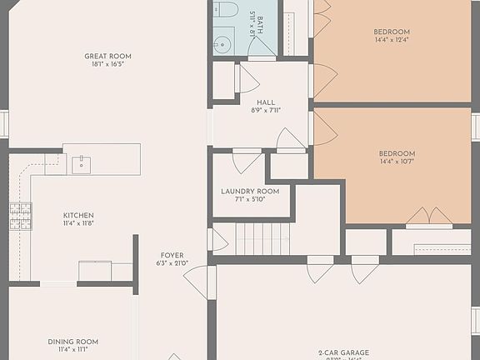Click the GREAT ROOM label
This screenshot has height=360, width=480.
tap(107, 57)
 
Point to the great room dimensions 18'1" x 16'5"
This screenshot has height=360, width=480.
tap(107, 65)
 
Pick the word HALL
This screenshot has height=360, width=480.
tap(266, 102)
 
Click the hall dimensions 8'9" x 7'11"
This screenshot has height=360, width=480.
tap(266, 110)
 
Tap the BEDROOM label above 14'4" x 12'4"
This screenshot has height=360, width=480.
tap(392, 32)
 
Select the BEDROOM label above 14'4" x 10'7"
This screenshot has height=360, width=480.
tap(397, 153)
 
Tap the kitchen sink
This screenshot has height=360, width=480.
tap(81, 163)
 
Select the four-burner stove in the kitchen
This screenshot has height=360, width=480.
tap(21, 216)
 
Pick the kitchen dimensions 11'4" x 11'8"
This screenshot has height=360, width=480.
tap(79, 223)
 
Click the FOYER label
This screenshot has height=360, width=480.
tap(172, 256)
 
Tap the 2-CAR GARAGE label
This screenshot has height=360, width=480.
tap(343, 352)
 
